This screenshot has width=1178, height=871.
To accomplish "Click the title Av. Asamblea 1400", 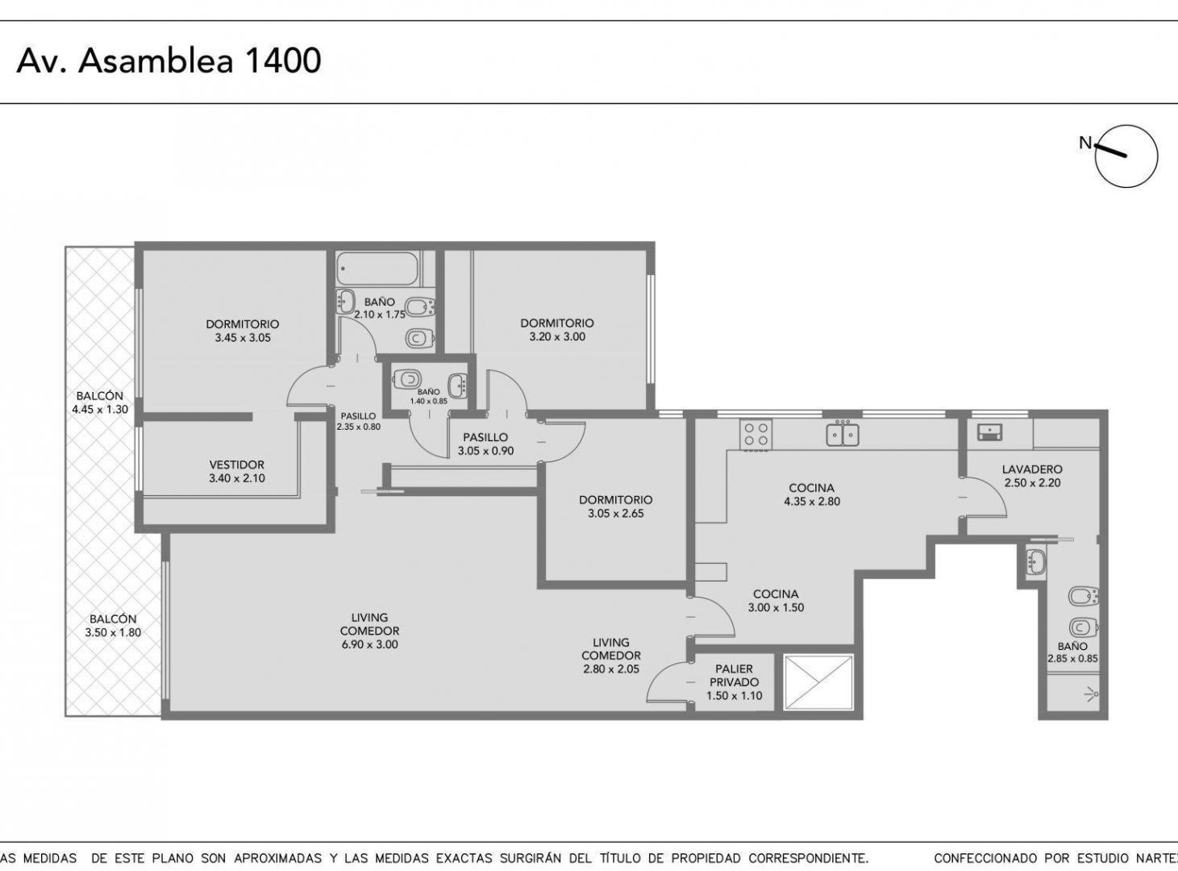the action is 169,60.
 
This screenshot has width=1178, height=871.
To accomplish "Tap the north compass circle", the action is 1126,156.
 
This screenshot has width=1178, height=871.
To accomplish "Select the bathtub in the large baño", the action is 378,269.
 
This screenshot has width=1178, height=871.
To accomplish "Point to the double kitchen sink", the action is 843,433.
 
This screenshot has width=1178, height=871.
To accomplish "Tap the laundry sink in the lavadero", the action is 990,432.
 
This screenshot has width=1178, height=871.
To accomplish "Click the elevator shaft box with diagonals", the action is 818,682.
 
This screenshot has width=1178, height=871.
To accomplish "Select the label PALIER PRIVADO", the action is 734,676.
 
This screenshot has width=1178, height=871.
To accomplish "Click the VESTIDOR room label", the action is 237,465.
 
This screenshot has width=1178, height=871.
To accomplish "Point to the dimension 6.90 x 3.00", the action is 370,644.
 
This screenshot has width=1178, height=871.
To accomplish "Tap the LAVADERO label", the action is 1033,469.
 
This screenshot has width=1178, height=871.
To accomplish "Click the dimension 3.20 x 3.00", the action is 557,336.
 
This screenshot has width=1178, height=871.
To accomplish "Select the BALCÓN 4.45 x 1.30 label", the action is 100,402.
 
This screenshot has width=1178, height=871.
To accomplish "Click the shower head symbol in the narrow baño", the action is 1091,693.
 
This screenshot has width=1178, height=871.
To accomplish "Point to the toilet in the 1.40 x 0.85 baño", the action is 406,379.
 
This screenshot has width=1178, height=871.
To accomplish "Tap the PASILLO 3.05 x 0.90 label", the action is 485,444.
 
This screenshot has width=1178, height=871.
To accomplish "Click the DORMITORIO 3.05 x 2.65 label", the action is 615,506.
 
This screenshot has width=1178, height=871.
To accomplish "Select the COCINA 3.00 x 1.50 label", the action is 776,601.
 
